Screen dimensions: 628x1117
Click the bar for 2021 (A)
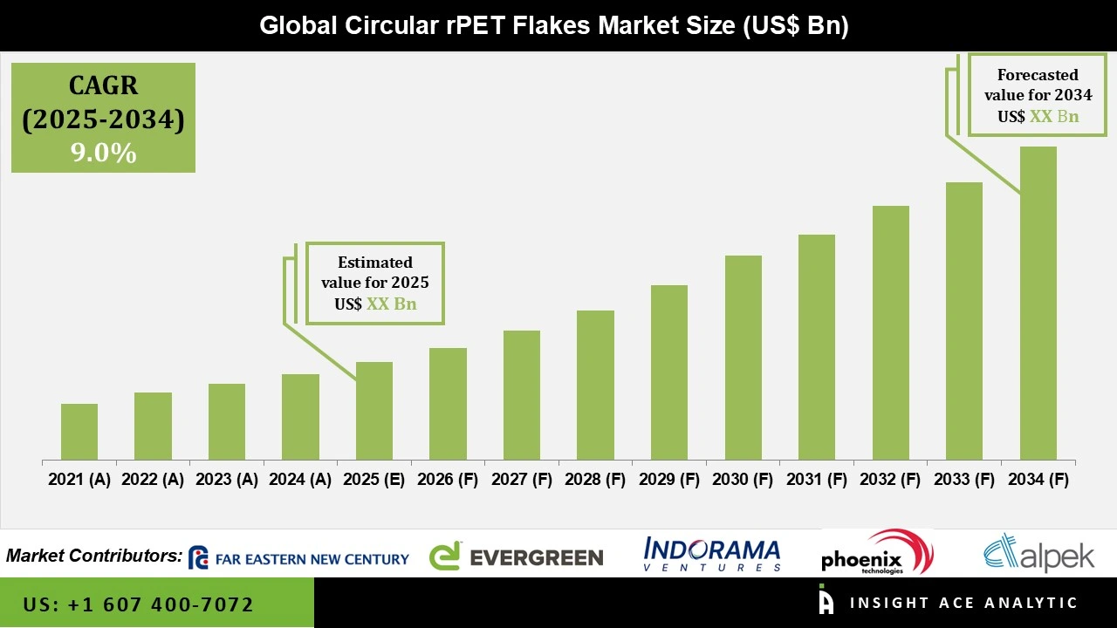point(79,432)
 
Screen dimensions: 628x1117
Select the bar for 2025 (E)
point(374,411)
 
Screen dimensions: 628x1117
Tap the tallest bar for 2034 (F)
point(1038,304)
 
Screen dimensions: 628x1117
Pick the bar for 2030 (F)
point(743,358)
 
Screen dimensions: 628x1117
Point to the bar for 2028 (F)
point(595,386)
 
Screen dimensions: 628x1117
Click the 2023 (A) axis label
point(227,480)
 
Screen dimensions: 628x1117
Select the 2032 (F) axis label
point(890,480)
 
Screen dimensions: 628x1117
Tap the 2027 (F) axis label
point(522,480)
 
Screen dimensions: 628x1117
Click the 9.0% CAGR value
point(103,154)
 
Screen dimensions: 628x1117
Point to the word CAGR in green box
point(103,85)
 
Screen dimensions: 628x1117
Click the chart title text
point(554,25)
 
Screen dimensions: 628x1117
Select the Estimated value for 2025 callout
point(375,283)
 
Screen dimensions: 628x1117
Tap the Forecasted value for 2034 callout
point(1038,95)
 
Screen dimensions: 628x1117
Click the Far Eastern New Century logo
point(298,558)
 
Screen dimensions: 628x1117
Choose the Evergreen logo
point(517,556)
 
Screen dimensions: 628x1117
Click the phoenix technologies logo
point(875,553)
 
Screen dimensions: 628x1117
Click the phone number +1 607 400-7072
point(139,604)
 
